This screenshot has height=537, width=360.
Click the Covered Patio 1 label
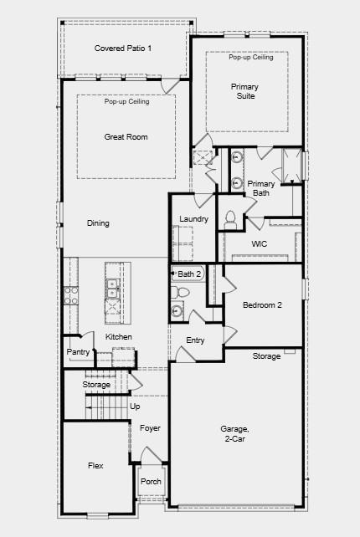pos(123,49)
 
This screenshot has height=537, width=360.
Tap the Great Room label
pos(126,136)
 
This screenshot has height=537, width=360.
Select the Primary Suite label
pos(245,91)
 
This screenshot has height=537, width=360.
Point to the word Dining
pos(98,223)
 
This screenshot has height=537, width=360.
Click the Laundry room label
pos(193,219)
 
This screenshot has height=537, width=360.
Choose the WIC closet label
pos(260,243)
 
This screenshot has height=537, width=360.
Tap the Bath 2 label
pos(190,274)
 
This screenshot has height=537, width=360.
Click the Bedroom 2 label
pos(262,305)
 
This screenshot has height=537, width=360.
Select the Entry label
pos(195,340)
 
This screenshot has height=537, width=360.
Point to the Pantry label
pos(78,352)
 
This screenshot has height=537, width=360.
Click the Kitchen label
pos(119,337)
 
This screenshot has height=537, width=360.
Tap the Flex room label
pos(96,465)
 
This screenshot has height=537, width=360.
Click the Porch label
pos(151,482)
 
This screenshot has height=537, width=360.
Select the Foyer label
pos(150,428)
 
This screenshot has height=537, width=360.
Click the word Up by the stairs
pos(135,407)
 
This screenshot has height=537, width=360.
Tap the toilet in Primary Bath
pos(230,217)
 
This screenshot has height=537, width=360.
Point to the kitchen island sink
pos(112,289)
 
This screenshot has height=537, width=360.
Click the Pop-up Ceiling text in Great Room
pos(127,102)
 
